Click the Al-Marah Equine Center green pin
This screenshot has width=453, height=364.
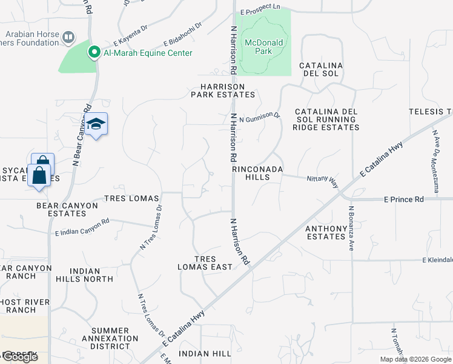pyautogui.click(x=94, y=53)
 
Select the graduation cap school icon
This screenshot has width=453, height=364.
pyautogui.click(x=96, y=124)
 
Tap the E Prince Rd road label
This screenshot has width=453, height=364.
pyautogui.click(x=403, y=199)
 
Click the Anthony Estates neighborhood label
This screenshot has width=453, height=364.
pyautogui.click(x=325, y=232)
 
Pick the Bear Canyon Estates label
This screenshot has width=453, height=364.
pyautogui.click(x=67, y=209)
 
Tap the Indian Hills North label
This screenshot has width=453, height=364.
pyautogui.click(x=92, y=275)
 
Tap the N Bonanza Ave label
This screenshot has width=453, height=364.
pyautogui.click(x=350, y=228)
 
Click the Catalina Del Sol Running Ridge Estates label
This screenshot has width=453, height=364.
pyautogui.click(x=326, y=120)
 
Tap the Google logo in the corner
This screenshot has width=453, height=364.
pyautogui.click(x=19, y=357)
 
